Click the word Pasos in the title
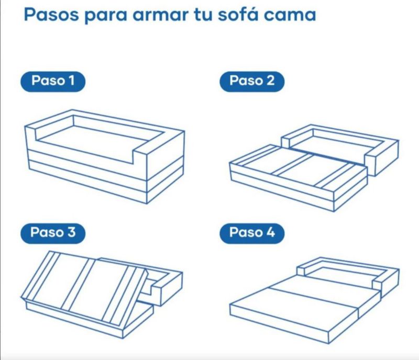coord(51,15)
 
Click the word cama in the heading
coord(290,16)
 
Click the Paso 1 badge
coord(53,82)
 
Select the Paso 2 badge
coord(252,82)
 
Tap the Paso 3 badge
coord(53,233)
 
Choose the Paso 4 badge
coord(252,233)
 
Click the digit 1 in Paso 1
coord(71,81)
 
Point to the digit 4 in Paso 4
coord(270,232)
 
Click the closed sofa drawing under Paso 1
coord(104,157)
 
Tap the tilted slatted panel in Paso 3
coord(84,288)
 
